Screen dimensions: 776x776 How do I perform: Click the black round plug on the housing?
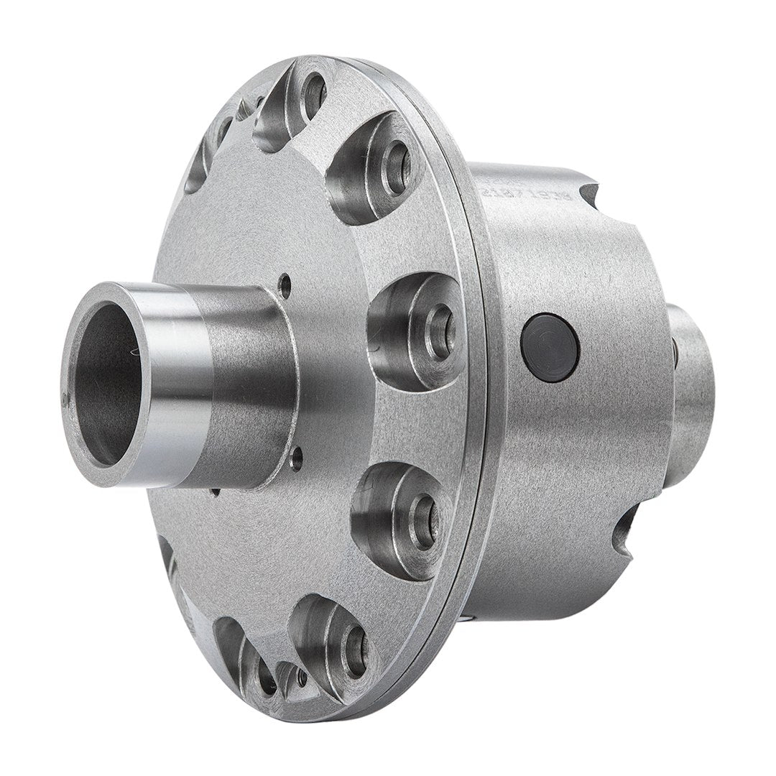[x=550, y=347]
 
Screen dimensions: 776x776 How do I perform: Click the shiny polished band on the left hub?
[x=180, y=381]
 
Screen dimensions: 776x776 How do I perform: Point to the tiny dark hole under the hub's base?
[x=216, y=492]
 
